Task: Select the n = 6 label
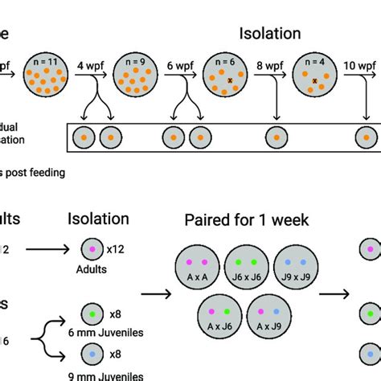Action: (x=224, y=61)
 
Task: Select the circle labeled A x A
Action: (x=196, y=265)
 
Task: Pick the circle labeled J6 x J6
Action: (x=247, y=265)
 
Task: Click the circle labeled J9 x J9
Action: (x=296, y=265)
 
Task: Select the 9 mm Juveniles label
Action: (x=96, y=375)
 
